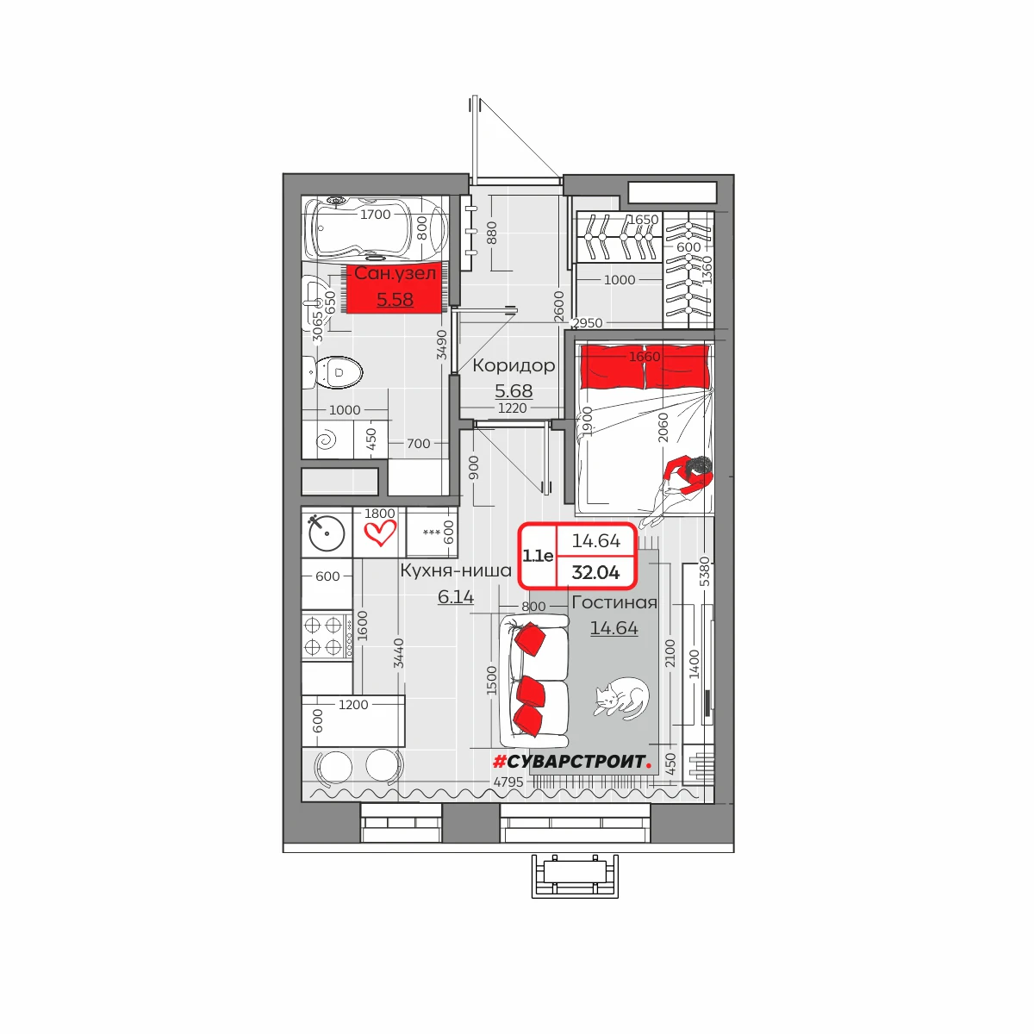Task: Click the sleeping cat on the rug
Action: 621,698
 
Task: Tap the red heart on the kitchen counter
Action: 380,533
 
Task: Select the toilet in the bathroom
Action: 333,372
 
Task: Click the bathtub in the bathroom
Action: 375,228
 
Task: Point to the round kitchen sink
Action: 327,533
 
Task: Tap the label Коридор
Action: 514,365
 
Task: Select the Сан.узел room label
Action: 395,273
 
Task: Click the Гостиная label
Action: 614,602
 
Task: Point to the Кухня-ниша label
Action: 456,570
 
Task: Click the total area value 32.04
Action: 595,572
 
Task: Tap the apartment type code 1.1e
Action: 538,556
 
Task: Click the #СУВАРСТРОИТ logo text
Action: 572,762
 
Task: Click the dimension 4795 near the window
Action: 508,782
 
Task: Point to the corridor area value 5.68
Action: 514,390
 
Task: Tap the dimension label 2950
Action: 587,323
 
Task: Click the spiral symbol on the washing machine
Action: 326,441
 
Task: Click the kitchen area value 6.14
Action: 456,596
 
